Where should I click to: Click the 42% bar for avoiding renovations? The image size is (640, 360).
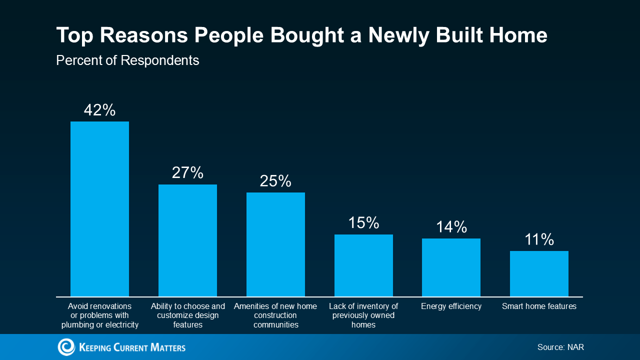tap(99, 209)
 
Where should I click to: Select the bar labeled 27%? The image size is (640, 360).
tap(187, 240)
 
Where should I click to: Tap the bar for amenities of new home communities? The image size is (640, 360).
tap(275, 244)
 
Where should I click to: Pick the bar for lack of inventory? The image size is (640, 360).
tap(363, 265)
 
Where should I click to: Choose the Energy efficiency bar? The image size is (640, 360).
tap(451, 267)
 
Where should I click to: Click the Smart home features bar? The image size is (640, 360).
tap(539, 273)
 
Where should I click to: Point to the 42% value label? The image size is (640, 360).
tap(99, 110)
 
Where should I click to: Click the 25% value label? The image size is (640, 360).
tap(275, 181)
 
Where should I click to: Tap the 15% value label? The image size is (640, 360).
tap(363, 222)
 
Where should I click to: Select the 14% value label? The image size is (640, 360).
tap(451, 227)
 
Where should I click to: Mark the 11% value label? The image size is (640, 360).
tap(539, 239)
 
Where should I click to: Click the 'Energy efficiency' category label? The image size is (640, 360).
tap(451, 306)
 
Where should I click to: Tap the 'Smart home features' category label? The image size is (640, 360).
tap(539, 306)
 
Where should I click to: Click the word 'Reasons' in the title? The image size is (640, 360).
tap(143, 35)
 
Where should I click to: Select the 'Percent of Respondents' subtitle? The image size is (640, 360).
tap(127, 60)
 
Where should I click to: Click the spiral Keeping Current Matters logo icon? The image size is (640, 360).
tap(66, 347)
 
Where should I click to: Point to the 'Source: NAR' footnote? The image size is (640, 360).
tap(560, 347)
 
